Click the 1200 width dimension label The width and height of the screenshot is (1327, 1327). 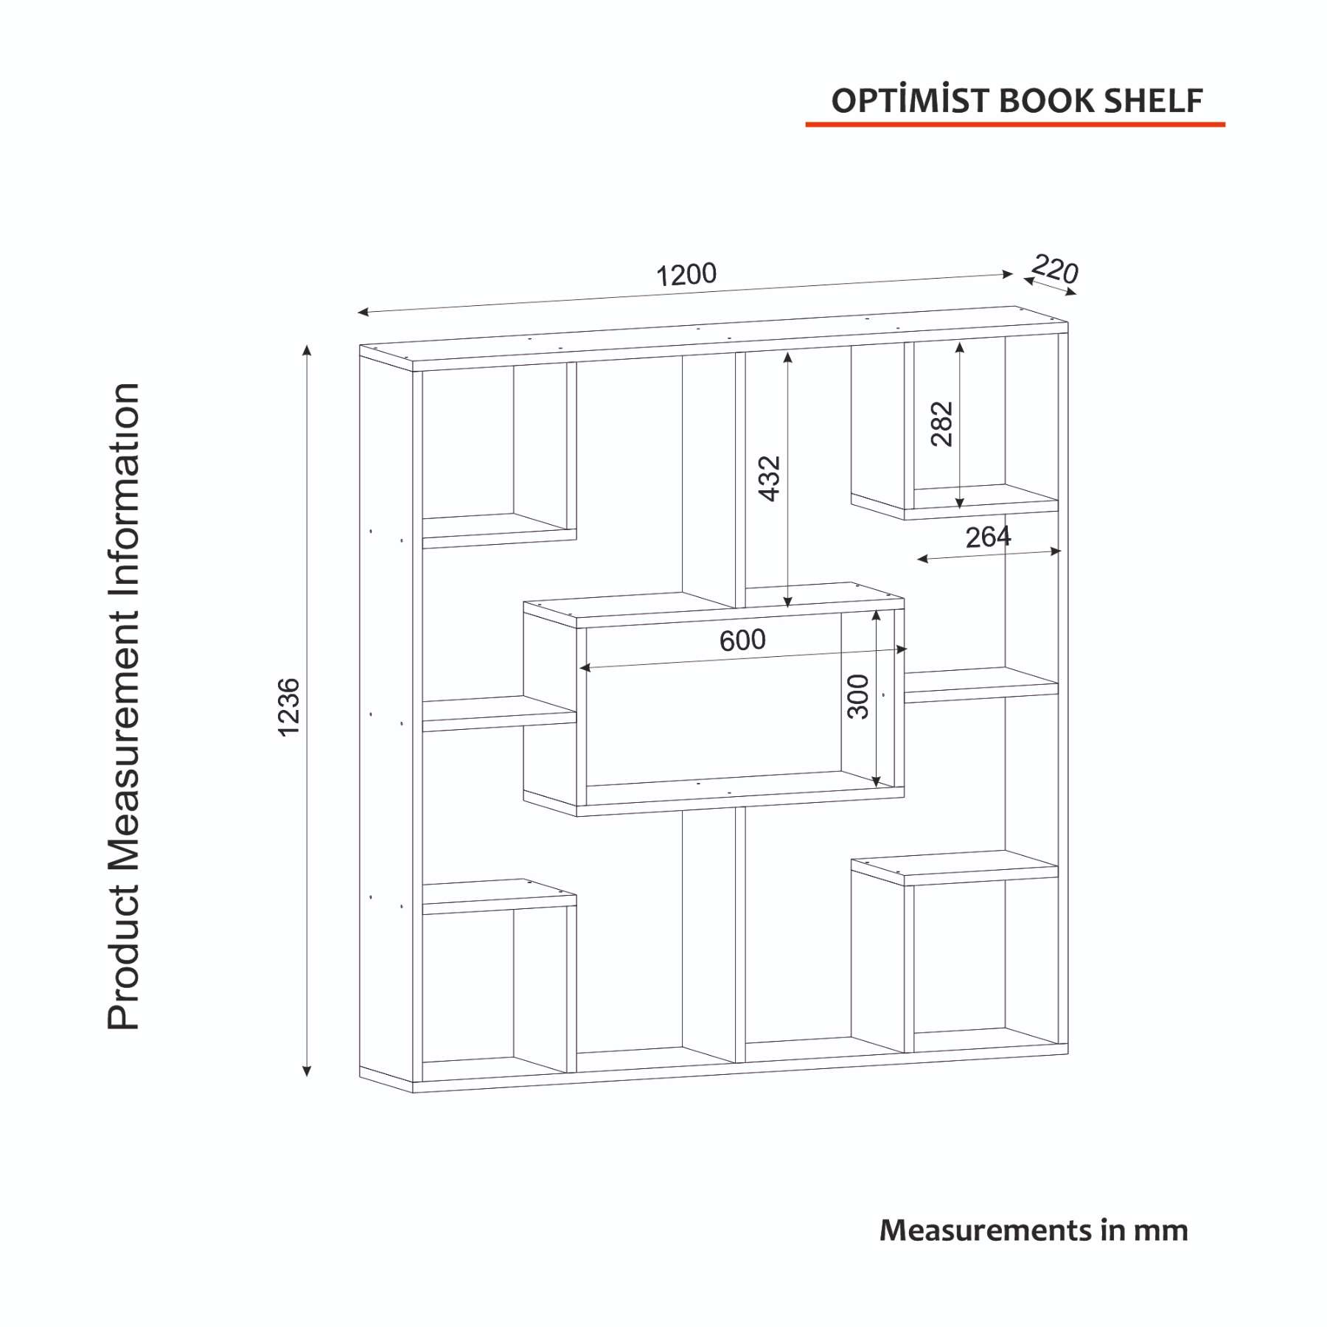click(x=686, y=275)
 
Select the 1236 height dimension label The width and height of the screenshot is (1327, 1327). click(x=289, y=707)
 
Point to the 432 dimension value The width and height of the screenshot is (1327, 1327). click(x=769, y=478)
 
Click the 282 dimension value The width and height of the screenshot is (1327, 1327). click(x=942, y=424)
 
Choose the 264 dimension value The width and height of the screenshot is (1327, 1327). click(x=988, y=537)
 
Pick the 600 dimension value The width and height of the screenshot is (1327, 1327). click(x=742, y=640)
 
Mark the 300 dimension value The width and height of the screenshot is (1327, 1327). click(x=858, y=696)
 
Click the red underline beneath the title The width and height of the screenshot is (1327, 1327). click(x=1015, y=125)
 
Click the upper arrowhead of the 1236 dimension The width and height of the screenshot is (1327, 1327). click(x=307, y=350)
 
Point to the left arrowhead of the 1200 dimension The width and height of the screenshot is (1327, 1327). click(x=363, y=312)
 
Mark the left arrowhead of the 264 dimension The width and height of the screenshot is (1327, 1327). click(x=922, y=560)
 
